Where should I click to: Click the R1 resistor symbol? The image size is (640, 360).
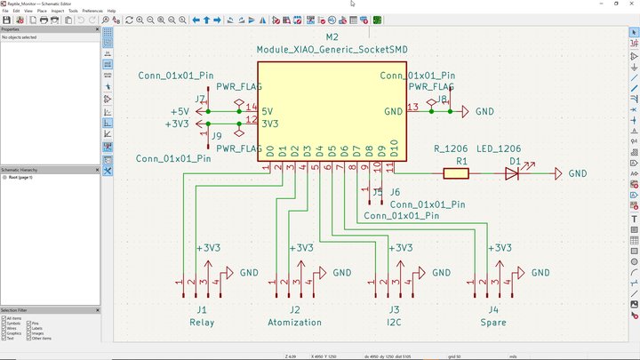456,174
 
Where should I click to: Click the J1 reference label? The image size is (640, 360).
202,309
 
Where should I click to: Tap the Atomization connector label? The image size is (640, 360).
294,322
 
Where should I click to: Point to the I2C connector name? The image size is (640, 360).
393,322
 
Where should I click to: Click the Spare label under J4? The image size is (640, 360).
492,322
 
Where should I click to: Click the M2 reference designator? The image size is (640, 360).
332,37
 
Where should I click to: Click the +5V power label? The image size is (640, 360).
180,111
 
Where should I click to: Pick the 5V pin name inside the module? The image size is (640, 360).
268,111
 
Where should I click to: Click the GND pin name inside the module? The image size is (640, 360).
393,111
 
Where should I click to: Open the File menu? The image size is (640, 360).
6,11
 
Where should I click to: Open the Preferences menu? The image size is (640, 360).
92,11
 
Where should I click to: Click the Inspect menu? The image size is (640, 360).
57,11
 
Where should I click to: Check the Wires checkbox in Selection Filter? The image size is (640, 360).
4,328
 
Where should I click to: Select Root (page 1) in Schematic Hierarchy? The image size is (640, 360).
21,177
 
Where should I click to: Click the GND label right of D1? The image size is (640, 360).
578,174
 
